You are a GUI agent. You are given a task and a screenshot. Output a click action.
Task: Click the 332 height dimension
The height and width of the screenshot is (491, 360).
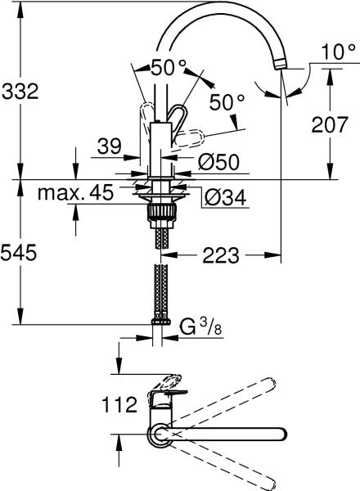point(20,92)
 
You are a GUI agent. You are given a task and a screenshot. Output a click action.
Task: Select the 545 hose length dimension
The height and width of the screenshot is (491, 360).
point(19,252)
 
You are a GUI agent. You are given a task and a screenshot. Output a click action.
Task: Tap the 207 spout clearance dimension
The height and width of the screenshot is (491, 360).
point(330,124)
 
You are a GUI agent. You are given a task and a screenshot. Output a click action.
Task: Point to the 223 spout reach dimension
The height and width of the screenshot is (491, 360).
point(221,255)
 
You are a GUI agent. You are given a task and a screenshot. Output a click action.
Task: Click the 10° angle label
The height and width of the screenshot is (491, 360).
point(339,52)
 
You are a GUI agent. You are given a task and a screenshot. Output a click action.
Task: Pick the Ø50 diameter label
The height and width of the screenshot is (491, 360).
point(219,161)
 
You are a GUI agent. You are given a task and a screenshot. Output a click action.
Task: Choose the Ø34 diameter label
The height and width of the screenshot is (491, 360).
point(226,197)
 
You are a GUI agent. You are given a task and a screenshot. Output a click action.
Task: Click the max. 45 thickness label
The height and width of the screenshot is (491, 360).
point(75,192)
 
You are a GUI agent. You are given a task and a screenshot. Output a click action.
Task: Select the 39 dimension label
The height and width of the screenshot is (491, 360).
point(109,146)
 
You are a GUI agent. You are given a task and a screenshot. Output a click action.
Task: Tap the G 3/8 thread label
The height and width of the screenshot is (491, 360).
point(201,328)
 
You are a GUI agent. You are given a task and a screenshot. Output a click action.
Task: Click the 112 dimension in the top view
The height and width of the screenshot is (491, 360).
point(119,404)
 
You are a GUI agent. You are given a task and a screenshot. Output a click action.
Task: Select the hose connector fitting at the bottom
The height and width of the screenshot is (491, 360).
point(161,322)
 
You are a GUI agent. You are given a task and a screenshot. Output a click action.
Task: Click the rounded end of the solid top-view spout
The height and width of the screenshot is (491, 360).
point(281,435)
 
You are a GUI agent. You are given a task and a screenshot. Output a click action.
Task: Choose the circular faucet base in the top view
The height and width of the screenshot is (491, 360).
point(159,435)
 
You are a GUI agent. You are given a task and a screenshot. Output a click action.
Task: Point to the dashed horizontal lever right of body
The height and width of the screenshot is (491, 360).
point(189,139)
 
